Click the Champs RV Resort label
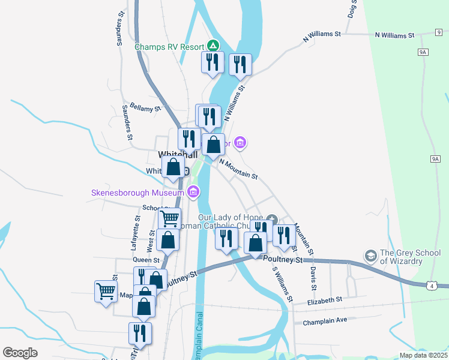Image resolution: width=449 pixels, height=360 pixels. pos(169,46)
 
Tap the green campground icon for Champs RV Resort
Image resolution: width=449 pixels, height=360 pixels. pos(212,46)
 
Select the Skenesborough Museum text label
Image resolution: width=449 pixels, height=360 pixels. pos(137,193)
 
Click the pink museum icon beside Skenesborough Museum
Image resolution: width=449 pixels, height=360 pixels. pos(193,193)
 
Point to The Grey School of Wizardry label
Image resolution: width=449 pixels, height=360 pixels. pos(410,257)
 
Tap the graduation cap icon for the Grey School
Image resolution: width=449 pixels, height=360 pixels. pos(371,257)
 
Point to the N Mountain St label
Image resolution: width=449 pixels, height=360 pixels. pos(238,169)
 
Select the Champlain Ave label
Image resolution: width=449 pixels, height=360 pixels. pos(325,320)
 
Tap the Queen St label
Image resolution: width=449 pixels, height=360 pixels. pos(145,259)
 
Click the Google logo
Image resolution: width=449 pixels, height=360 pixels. pos(20,353)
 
